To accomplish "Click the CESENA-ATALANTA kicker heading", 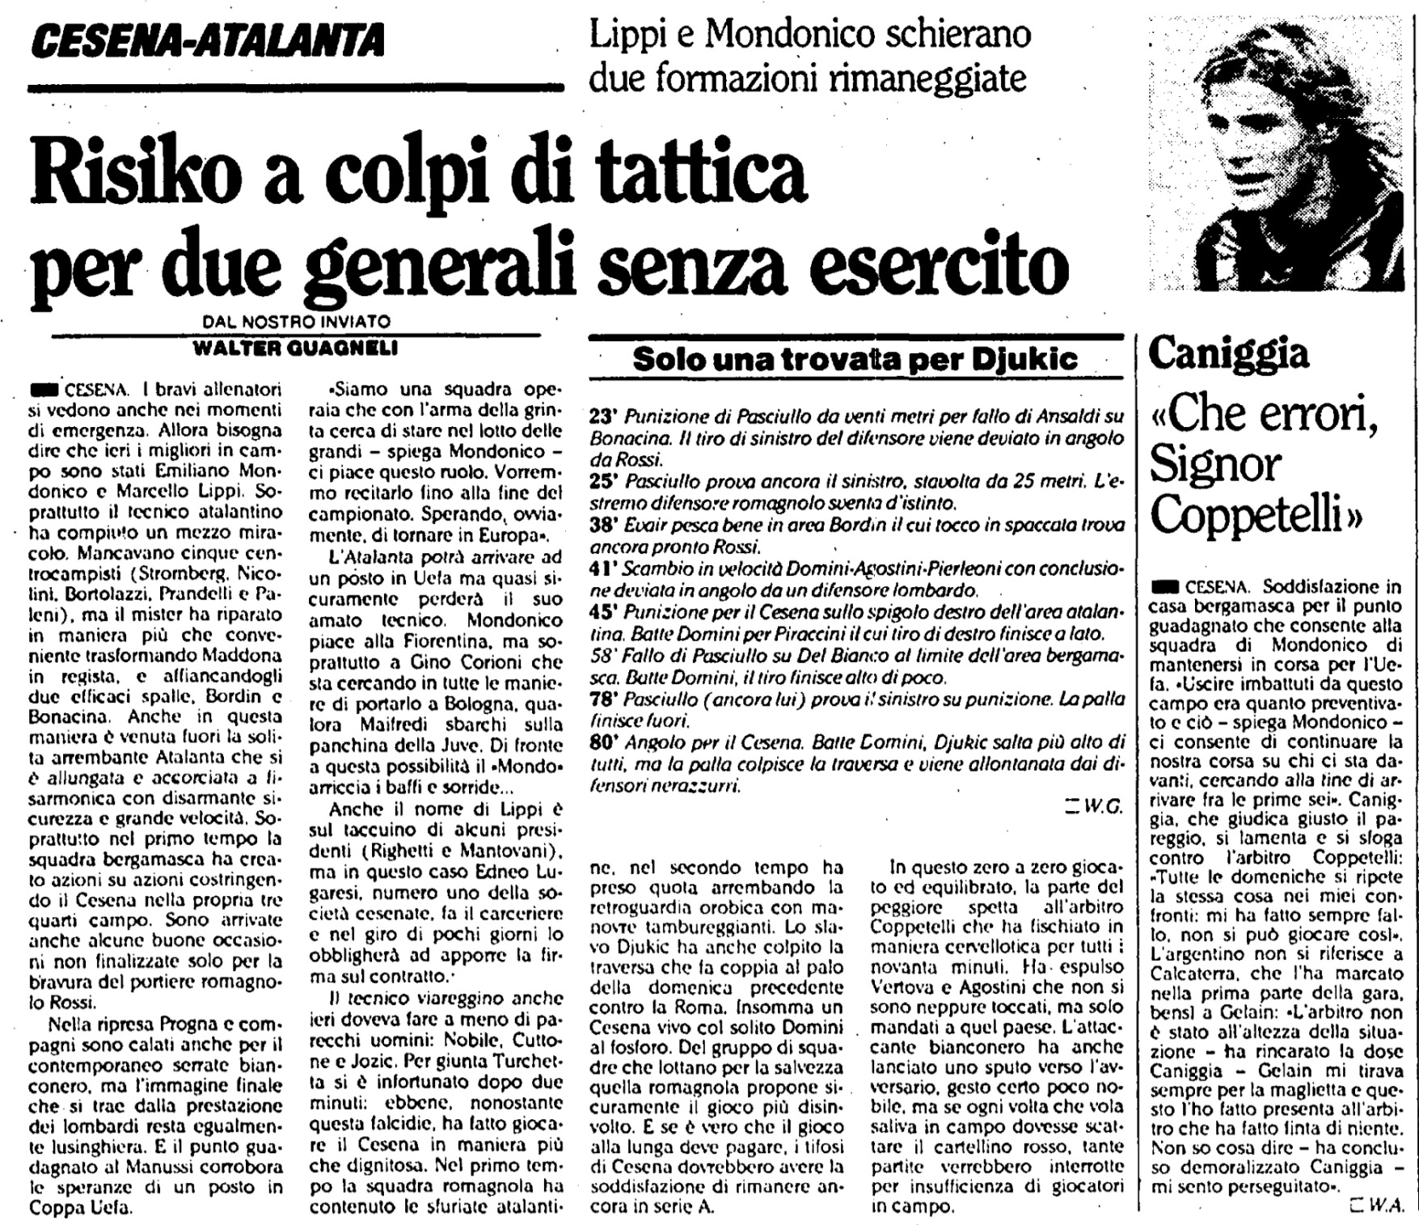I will point(211,40).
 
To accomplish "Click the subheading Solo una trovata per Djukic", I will point(855,358).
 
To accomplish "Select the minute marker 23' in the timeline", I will point(604,418).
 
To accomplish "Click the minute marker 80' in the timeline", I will point(604,741).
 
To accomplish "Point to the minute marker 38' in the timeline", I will point(604,526).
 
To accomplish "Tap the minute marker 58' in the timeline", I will point(604,657).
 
